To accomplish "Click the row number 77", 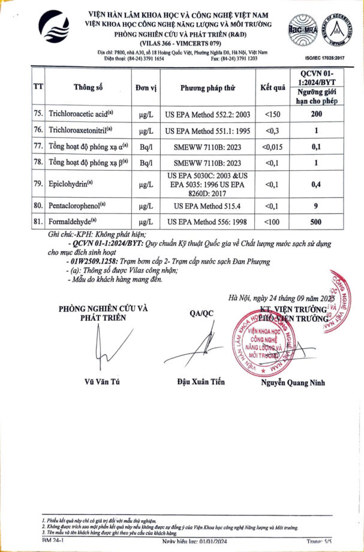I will (38, 146).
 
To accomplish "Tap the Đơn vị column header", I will (146, 88).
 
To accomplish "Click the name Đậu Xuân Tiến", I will (200, 382).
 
